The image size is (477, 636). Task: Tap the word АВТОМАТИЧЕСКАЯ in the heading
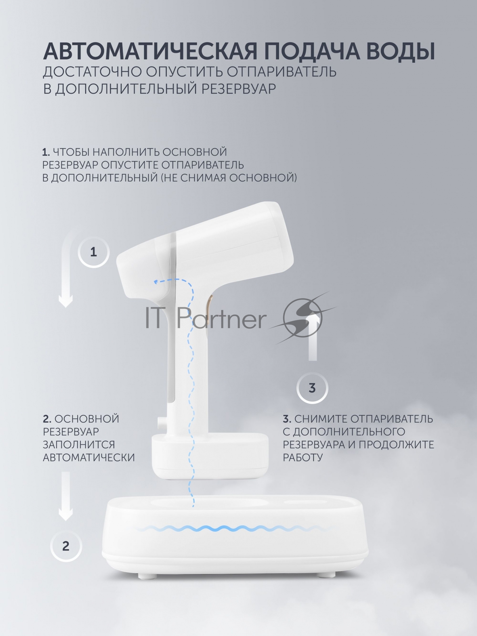[150, 51]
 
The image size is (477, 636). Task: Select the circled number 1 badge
[93, 252]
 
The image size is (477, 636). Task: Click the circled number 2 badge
[66, 546]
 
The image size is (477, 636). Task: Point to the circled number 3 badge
[312, 388]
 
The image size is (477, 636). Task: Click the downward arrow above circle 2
[66, 496]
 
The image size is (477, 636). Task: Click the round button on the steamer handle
[159, 421]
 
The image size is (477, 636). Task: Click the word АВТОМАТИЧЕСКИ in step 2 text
[89, 458]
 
